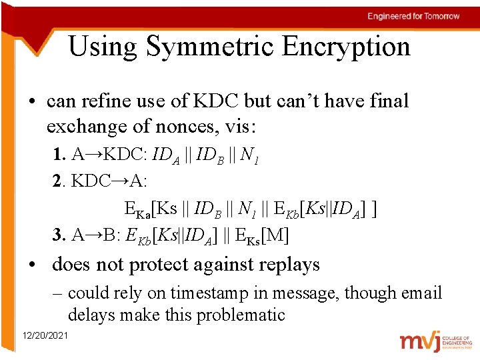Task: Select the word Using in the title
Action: coord(103,47)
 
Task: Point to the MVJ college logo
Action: coord(434,341)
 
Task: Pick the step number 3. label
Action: coord(59,234)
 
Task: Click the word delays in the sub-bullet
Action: coord(90,315)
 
